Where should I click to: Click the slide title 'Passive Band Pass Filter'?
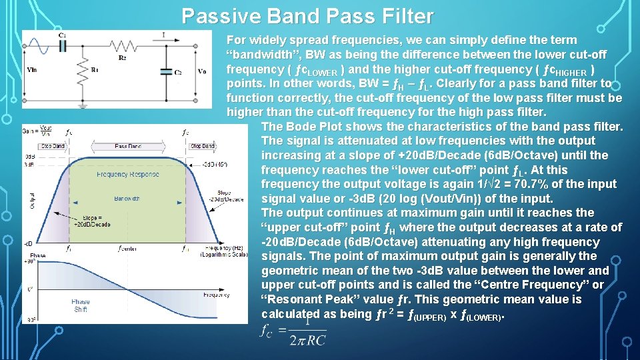pyautogui.click(x=307, y=16)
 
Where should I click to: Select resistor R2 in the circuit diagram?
pyautogui.click(x=123, y=46)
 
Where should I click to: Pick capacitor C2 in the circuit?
pyautogui.click(x=165, y=71)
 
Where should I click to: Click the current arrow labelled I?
pyautogui.click(x=163, y=36)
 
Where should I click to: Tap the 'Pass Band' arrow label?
pyautogui.click(x=127, y=145)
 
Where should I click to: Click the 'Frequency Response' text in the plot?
pyautogui.click(x=128, y=174)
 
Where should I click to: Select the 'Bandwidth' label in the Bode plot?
pyautogui.click(x=127, y=199)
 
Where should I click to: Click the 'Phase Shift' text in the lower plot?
pyautogui.click(x=81, y=305)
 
